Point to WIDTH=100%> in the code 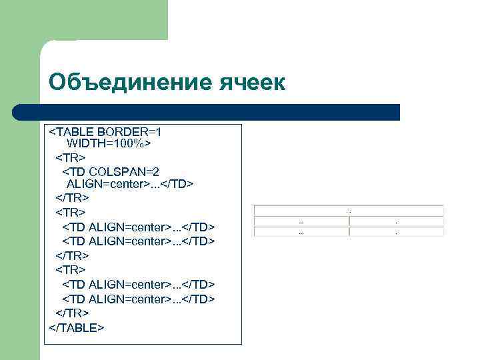click(109, 144)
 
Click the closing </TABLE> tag click(77, 327)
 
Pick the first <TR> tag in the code click(70, 158)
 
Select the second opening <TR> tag click(70, 213)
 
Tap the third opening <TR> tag click(70, 269)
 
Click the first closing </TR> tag click(72, 198)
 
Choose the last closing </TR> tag click(72, 313)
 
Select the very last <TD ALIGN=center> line click(139, 299)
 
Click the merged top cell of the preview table click(349, 211)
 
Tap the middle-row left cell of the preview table click(301, 221)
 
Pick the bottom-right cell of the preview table click(397, 233)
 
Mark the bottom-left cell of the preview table click(301, 233)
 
